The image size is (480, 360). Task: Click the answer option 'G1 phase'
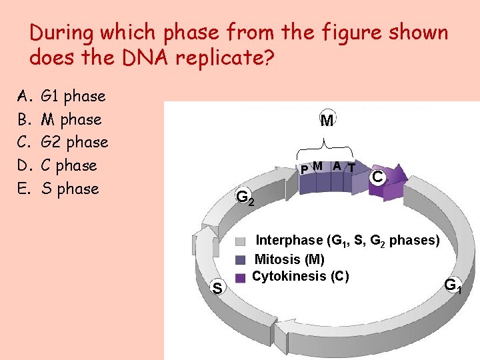pyautogui.click(x=73, y=96)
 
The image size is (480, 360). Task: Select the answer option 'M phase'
pyautogui.click(x=71, y=119)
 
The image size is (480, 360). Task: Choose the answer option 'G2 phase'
pyautogui.click(x=74, y=142)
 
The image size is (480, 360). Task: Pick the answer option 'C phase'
pyautogui.click(x=69, y=165)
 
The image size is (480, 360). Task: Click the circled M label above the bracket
pyautogui.click(x=327, y=121)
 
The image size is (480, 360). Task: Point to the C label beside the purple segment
pyautogui.click(x=377, y=177)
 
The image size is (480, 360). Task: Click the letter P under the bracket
pyautogui.click(x=303, y=169)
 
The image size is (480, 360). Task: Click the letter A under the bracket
pyautogui.click(x=337, y=166)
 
